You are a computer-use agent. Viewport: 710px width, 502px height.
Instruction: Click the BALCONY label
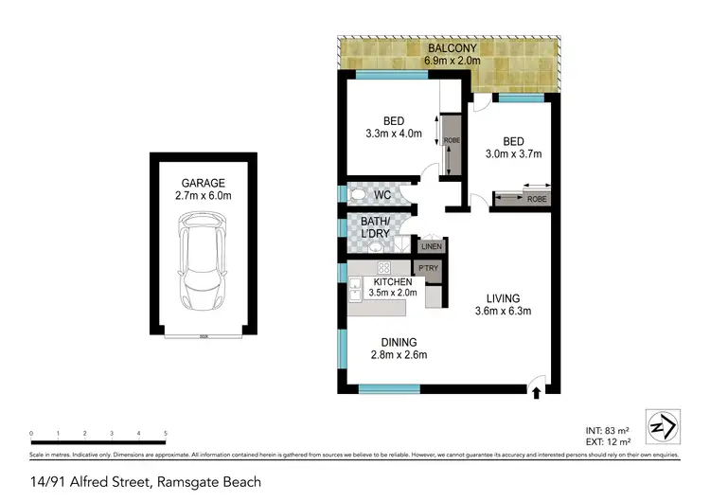[x=451, y=48]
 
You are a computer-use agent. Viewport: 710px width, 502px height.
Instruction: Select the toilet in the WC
[x=358, y=195]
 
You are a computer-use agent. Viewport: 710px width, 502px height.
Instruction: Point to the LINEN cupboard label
[x=432, y=246]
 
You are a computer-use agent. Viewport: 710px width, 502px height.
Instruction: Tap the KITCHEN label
[x=392, y=282]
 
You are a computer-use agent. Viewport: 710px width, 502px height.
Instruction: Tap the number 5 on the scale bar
[x=165, y=433]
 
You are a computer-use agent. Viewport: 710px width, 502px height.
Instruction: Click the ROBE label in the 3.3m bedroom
[x=450, y=141]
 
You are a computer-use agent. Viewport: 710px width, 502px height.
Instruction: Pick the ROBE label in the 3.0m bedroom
[x=537, y=199]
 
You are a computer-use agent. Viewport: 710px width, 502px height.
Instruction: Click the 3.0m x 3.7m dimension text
[x=513, y=154]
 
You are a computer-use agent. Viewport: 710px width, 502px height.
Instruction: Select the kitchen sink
[x=357, y=286]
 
